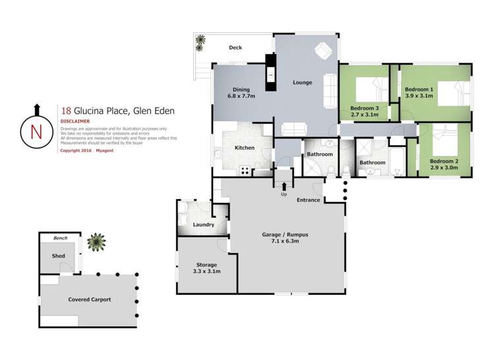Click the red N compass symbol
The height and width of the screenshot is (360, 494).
click(x=37, y=131)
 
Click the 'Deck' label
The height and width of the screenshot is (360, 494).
click(x=235, y=47)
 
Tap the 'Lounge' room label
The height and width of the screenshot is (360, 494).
click(x=302, y=82)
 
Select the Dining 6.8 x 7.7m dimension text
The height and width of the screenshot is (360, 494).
click(x=241, y=96)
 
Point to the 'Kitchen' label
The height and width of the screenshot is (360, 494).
click(x=244, y=148)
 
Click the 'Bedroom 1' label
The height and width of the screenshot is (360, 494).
click(x=419, y=89)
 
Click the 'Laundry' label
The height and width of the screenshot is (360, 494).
click(x=204, y=225)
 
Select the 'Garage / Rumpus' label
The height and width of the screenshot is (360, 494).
click(x=284, y=235)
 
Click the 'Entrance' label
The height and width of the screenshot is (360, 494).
click(x=308, y=200)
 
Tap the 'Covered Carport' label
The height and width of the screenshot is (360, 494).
click(x=89, y=299)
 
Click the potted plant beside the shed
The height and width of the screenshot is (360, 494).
click(x=96, y=243)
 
